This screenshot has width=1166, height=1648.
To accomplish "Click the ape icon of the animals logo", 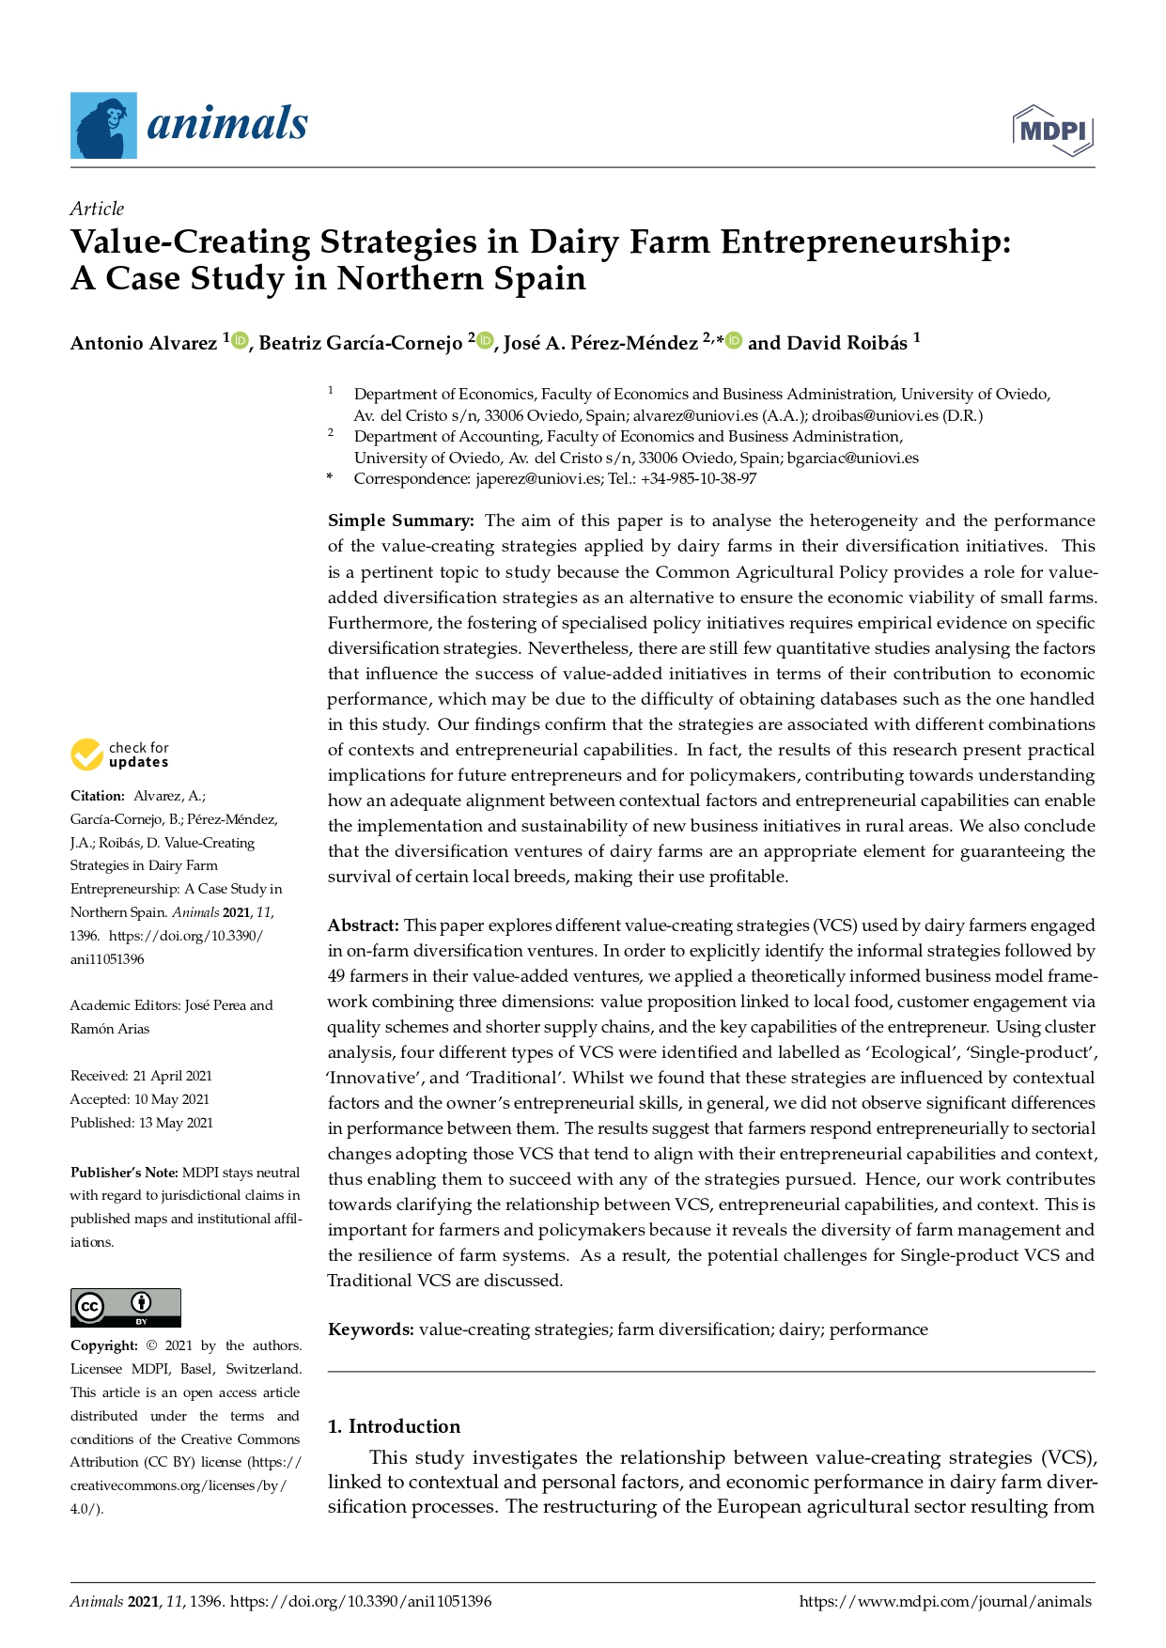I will (x=103, y=126).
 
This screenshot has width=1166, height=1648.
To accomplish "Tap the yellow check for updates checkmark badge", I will (x=86, y=754).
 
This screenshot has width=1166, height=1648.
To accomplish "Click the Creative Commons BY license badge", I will (x=126, y=1307).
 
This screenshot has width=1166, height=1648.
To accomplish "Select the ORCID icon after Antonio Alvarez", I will (x=240, y=341).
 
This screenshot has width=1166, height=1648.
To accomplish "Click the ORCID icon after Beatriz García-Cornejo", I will (x=485, y=341).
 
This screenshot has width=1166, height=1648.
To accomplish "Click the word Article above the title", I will (x=97, y=209).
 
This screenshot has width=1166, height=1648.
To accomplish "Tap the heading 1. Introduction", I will (x=394, y=1426).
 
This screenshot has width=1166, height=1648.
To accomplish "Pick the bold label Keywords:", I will (x=371, y=1329).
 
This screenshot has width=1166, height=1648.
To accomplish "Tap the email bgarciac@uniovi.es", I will (x=853, y=458).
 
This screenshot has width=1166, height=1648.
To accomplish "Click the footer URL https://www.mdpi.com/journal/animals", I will (x=945, y=1602).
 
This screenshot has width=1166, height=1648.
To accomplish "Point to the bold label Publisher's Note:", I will (x=124, y=1173).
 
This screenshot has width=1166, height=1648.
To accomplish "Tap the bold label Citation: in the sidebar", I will (x=98, y=796).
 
